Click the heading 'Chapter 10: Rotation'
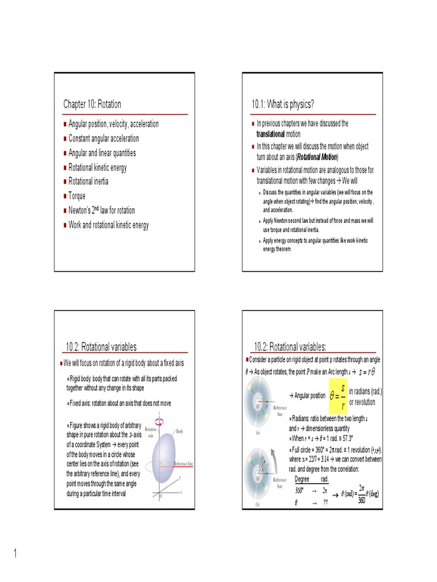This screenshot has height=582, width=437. pos(92,104)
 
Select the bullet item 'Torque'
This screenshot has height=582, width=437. pos(77,196)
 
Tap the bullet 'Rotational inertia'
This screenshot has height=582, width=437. pos(88,182)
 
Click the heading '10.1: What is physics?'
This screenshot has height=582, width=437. pos(283,104)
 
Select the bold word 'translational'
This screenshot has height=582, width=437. pos(270,134)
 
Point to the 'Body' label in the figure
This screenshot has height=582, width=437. pos(179,432)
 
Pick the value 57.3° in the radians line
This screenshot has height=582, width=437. pos(344,439)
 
